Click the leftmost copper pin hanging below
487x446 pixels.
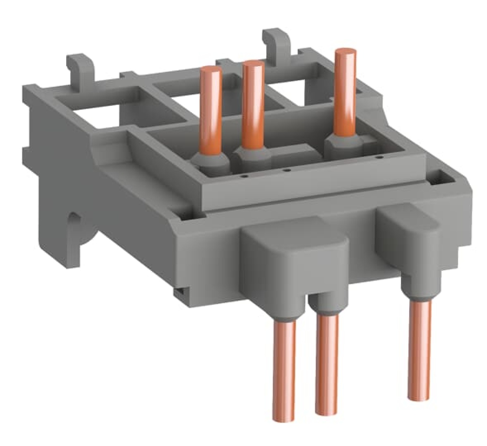[x=284, y=365]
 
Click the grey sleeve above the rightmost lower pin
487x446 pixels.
[x=418, y=288]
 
